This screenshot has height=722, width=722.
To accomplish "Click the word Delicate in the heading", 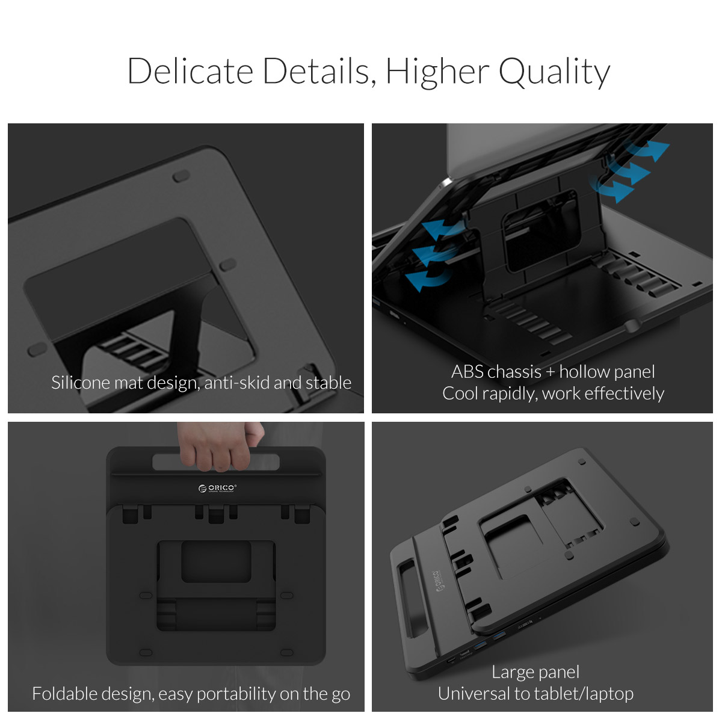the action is [x=191, y=71].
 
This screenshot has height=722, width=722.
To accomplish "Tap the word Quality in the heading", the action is [x=554, y=72].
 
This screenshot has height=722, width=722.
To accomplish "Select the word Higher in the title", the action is [x=437, y=72].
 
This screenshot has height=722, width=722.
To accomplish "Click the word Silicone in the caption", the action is [x=80, y=383].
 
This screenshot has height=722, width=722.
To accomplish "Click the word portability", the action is [x=236, y=694].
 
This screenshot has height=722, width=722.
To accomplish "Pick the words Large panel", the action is [x=535, y=673].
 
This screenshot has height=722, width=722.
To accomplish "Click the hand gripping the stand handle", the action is [x=220, y=445].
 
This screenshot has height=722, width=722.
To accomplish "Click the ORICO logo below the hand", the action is [x=217, y=488].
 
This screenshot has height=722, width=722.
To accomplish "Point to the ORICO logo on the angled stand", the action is [x=439, y=581].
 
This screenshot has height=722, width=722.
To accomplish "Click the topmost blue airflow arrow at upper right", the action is [x=648, y=150].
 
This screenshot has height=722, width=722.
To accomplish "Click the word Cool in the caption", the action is [x=460, y=393].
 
